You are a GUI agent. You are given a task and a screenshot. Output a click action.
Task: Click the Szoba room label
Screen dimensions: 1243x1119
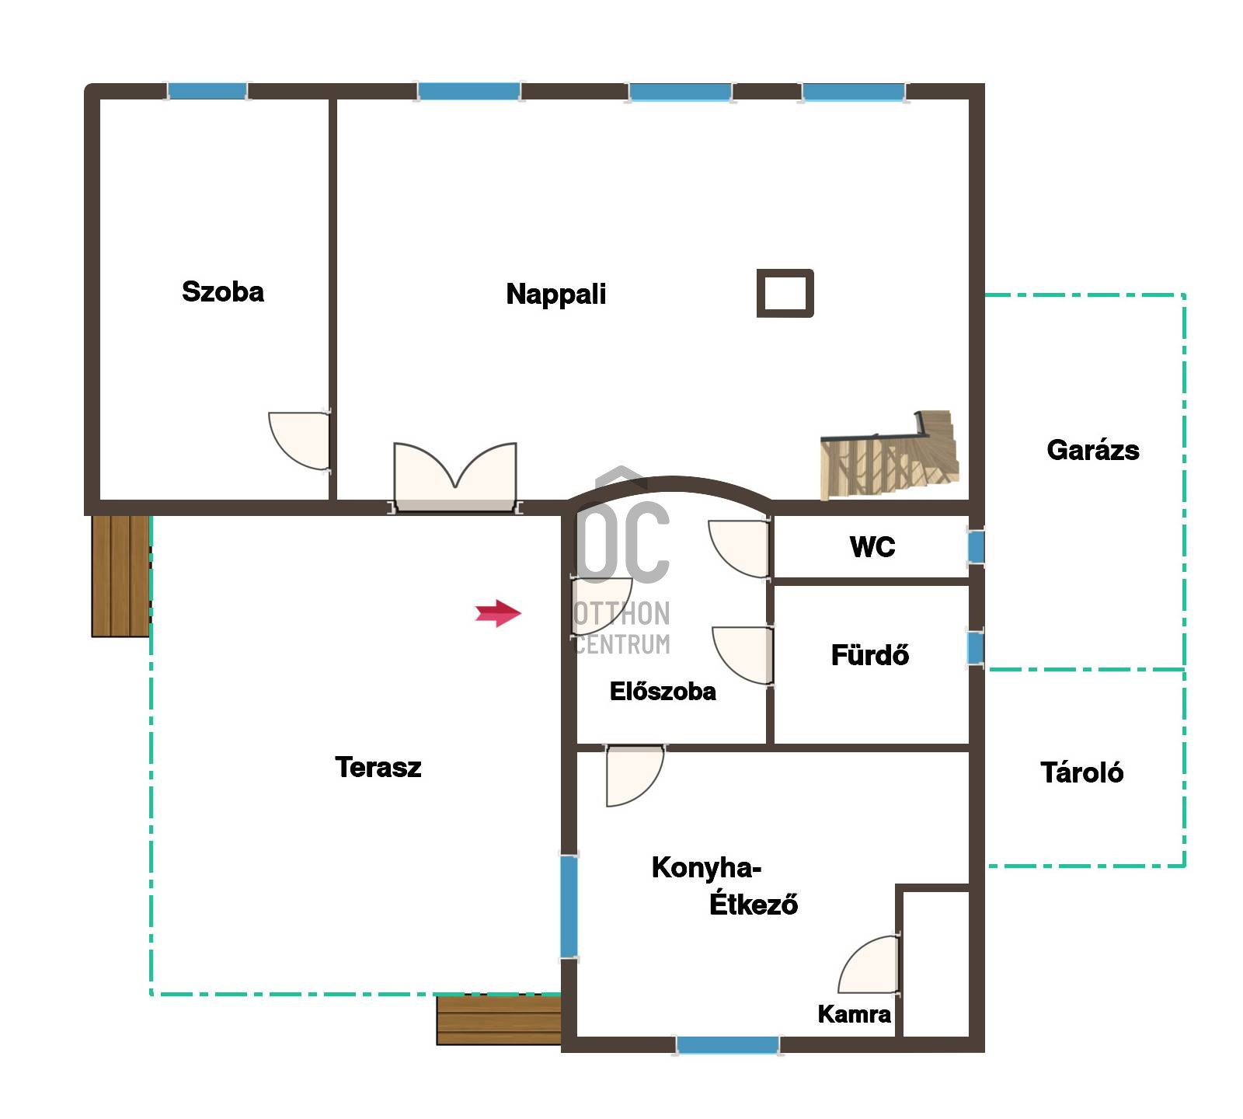click(223, 292)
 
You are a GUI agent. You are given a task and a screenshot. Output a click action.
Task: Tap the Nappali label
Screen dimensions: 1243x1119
click(556, 295)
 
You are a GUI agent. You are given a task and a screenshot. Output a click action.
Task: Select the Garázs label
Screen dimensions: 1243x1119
click(1093, 450)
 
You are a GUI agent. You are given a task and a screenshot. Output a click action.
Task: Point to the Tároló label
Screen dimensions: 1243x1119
click(1082, 772)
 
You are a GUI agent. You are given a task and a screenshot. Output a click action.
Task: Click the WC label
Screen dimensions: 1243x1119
click(872, 547)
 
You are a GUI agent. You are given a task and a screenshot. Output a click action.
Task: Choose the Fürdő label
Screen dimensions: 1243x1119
click(870, 655)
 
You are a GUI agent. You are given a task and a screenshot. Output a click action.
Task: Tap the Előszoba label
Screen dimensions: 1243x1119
click(663, 691)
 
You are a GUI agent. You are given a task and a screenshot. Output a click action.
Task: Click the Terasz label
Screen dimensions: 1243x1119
click(378, 768)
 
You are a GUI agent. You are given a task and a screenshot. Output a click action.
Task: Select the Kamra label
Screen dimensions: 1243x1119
click(855, 1014)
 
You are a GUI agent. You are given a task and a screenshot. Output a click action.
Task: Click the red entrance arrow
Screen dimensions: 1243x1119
click(498, 613)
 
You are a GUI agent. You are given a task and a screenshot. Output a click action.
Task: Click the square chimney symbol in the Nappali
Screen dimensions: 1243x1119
click(785, 293)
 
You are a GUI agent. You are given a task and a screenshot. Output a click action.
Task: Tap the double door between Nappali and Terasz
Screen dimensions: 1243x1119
click(455, 477)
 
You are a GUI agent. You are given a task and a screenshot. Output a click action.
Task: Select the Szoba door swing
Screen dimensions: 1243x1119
click(299, 441)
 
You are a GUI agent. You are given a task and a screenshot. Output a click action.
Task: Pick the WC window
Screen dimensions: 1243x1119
click(976, 547)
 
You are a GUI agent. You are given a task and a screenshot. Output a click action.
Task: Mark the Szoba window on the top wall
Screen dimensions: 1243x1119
click(207, 91)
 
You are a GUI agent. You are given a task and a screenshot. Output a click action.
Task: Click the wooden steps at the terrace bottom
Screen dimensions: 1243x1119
click(499, 1020)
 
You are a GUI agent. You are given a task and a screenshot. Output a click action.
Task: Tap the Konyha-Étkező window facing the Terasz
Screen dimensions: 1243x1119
click(569, 907)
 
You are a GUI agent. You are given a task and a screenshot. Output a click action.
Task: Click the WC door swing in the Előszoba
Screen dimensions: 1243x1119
click(739, 549)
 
